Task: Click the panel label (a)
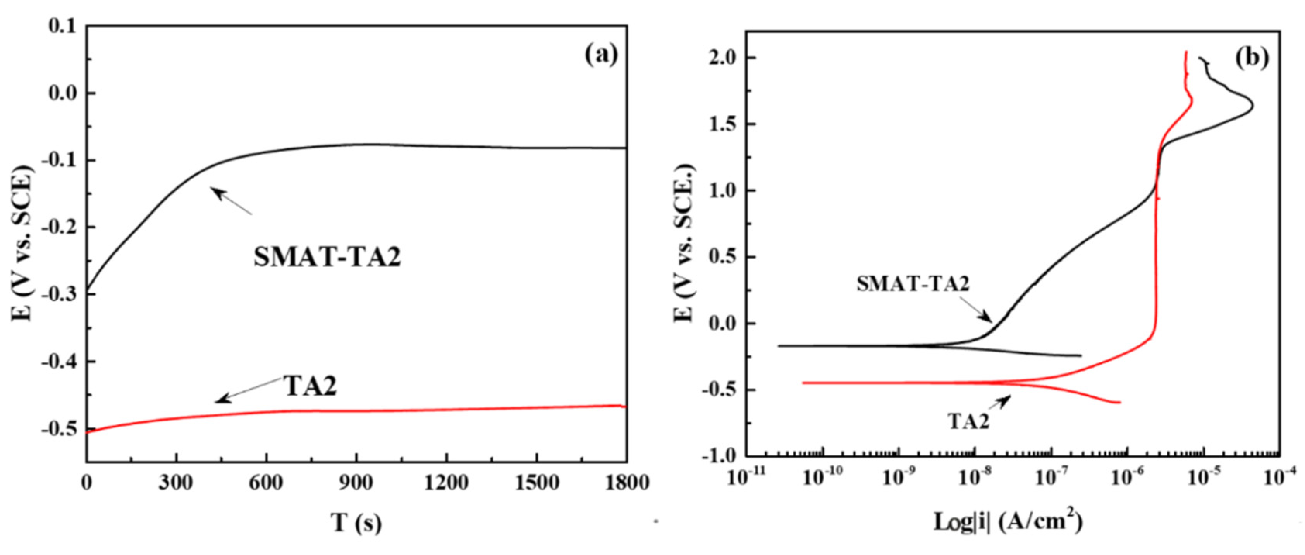point(601,55)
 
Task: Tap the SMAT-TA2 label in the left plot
point(327,257)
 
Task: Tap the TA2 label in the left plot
point(310,386)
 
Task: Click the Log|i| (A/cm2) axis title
point(1008,522)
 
